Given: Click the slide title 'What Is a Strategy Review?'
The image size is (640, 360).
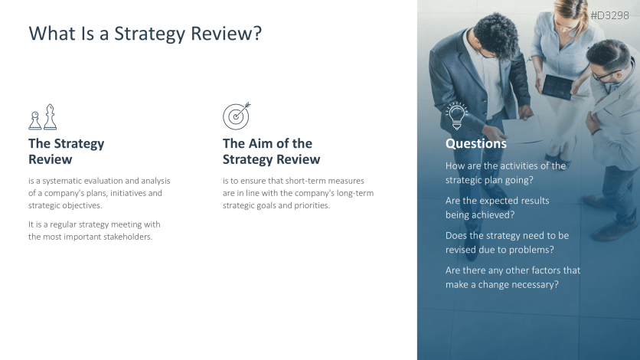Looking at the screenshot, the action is pos(145,34).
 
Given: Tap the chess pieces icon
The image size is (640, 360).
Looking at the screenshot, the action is pos(43,116).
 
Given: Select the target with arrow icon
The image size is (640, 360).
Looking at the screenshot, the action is pos(237,116).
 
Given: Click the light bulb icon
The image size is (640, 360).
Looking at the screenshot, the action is pos(457,116).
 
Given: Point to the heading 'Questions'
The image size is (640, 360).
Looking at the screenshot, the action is pos(476,143).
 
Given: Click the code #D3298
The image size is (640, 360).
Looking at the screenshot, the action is pos(609,15).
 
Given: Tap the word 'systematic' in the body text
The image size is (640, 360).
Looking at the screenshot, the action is pos(62,181).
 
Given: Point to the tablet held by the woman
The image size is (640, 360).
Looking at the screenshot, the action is pos(557,87).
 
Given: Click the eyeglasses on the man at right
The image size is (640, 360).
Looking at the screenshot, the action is pos(605,75).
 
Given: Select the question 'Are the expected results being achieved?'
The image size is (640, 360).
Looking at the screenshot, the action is pos(497,208).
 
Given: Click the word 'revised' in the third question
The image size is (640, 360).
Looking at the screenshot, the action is pos(459,250).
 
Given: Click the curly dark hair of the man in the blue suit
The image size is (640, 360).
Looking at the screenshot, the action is pos(496,34).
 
